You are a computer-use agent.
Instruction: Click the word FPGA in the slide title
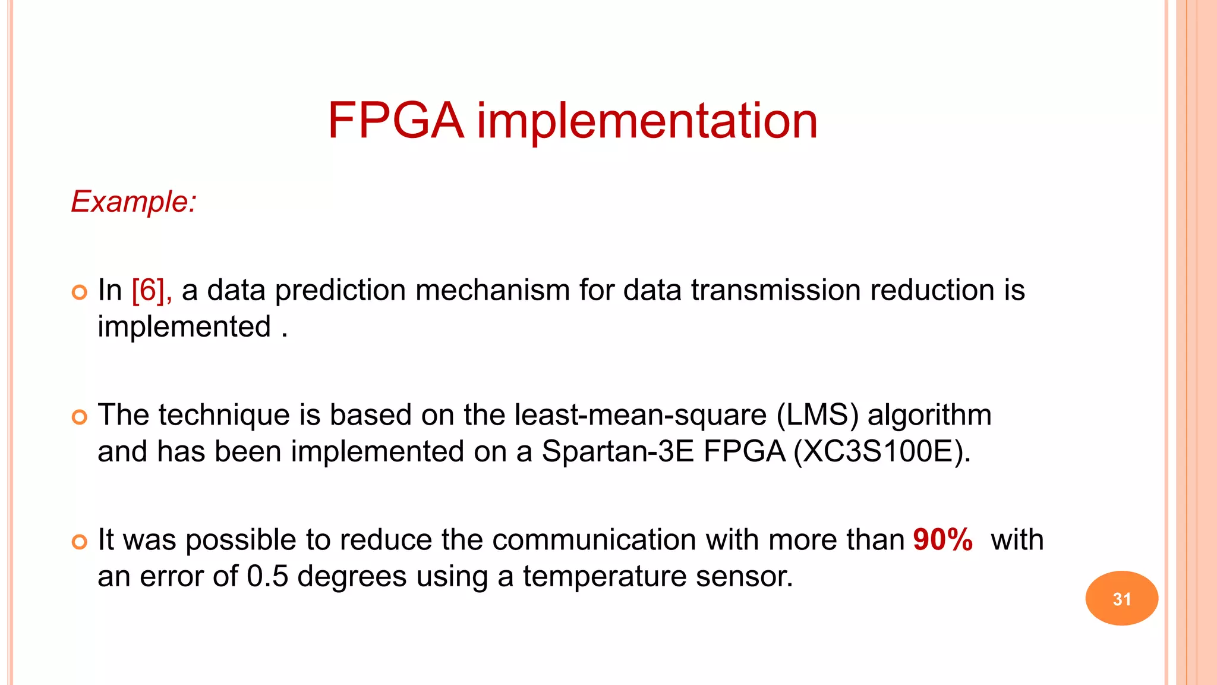pyautogui.click(x=395, y=121)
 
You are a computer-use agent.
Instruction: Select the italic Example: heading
pyautogui.click(x=134, y=202)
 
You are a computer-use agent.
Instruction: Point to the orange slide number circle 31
pyautogui.click(x=1121, y=598)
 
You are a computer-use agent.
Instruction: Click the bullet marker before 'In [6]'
pyautogui.click(x=79, y=292)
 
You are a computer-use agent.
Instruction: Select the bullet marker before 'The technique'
pyautogui.click(x=79, y=417)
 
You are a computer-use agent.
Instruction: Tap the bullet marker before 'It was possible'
pyautogui.click(x=79, y=542)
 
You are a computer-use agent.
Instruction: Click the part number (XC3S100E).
pyautogui.click(x=882, y=452)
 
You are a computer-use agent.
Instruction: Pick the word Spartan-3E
pyautogui.click(x=618, y=452)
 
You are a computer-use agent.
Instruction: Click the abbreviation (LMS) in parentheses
pyautogui.click(x=817, y=415)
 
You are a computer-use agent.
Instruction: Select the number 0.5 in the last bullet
pyautogui.click(x=267, y=576)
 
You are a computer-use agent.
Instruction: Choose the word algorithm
pyautogui.click(x=929, y=415)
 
